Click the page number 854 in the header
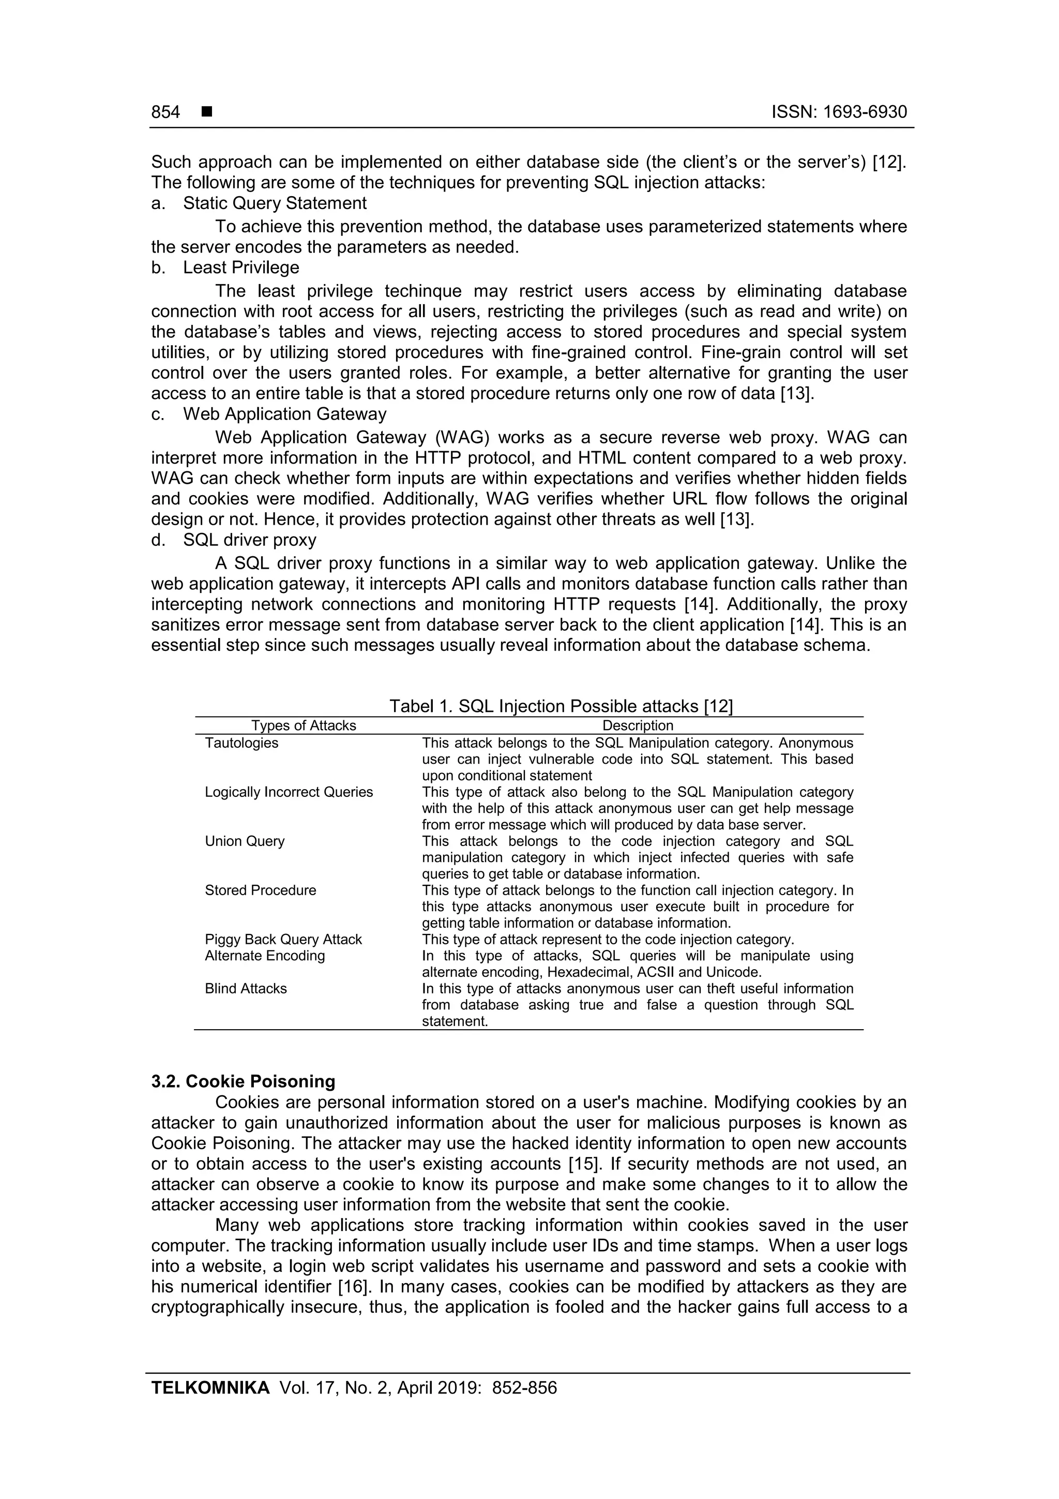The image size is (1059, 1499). (166, 112)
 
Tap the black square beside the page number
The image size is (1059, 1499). (207, 112)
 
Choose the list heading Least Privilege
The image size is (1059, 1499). (241, 268)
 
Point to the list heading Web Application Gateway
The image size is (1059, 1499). (284, 414)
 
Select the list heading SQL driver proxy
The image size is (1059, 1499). (249, 540)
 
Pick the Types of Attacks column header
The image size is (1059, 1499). (304, 725)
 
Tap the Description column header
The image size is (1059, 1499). (638, 725)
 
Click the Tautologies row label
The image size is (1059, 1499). (241, 743)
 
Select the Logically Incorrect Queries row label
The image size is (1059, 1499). (289, 792)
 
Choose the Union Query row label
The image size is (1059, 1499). (245, 841)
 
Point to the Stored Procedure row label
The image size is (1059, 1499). (260, 890)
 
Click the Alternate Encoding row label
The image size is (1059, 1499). (265, 955)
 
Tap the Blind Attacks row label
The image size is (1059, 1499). (246, 988)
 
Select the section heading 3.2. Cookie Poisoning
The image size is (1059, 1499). (244, 1081)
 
